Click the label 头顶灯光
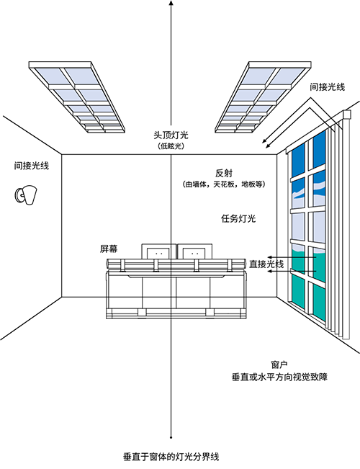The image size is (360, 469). tap(171, 135)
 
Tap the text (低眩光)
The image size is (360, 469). tap(171, 146)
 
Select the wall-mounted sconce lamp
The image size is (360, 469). tap(26, 195)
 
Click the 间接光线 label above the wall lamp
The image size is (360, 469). tap(32, 166)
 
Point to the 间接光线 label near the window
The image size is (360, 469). tap(328, 86)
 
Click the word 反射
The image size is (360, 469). tap(224, 173)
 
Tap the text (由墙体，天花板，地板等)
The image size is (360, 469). tap(224, 184)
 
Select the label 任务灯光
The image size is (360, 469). tap(238, 218)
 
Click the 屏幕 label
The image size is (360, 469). tap(109, 249)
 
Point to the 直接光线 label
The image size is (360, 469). tap(266, 264)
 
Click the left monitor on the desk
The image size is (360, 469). tap(159, 252)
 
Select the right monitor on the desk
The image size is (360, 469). tap(194, 252)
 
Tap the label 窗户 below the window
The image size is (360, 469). tap(279, 365)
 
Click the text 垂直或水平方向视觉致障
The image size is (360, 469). tap(279, 377)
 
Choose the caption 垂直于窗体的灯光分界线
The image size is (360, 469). tap(171, 457)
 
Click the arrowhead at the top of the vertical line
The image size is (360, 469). tap(171, 2)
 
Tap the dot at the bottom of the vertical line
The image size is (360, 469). tap(171, 437)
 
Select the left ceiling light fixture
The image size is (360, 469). tap(77, 97)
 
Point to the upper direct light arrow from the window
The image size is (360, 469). tap(292, 257)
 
